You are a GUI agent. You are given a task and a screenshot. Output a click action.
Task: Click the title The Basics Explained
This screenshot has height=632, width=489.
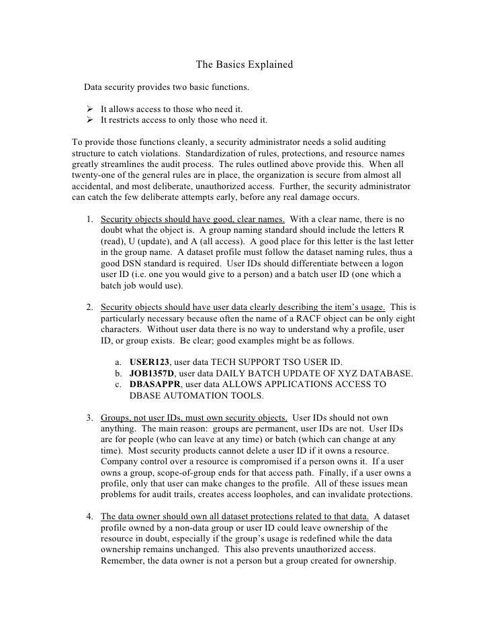tap(244, 65)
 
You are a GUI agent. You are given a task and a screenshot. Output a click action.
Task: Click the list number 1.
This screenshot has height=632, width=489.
tap(89, 220)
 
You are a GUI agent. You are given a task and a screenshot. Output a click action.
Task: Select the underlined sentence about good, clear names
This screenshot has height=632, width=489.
tap(193, 220)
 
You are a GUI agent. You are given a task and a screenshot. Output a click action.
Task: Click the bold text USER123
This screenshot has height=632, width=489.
tap(149, 361)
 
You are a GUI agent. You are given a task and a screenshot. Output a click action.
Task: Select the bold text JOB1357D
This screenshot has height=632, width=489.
tap(152, 373)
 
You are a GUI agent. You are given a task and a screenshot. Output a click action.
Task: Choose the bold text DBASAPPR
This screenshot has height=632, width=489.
tap(154, 384)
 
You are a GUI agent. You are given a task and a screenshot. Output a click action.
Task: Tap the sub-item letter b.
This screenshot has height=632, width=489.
tap(118, 373)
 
